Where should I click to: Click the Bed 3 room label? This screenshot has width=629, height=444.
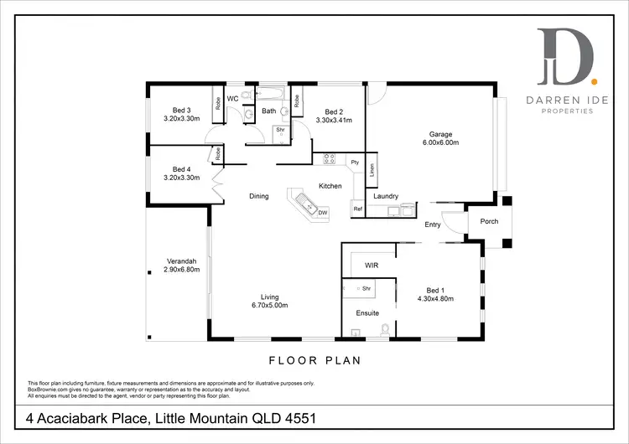click(182, 111)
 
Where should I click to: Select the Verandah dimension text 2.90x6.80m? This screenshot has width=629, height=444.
click(182, 270)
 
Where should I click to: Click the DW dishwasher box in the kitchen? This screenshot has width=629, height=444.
click(323, 213)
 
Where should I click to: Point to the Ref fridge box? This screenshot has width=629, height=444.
click(357, 209)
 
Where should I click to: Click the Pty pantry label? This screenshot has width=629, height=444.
click(355, 162)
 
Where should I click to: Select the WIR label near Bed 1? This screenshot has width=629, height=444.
click(372, 265)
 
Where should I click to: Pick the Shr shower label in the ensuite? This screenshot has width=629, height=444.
click(366, 288)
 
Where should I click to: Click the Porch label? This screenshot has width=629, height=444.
click(488, 222)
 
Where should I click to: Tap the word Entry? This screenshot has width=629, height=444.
click(433, 225)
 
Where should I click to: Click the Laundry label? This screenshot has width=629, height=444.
click(386, 196)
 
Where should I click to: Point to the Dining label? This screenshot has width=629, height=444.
click(259, 196)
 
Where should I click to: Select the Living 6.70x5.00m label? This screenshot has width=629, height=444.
click(269, 302)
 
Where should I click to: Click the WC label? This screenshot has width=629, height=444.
click(233, 97)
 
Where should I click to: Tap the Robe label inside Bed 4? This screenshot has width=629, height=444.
click(217, 154)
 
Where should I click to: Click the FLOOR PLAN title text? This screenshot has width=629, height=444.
click(314, 361)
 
